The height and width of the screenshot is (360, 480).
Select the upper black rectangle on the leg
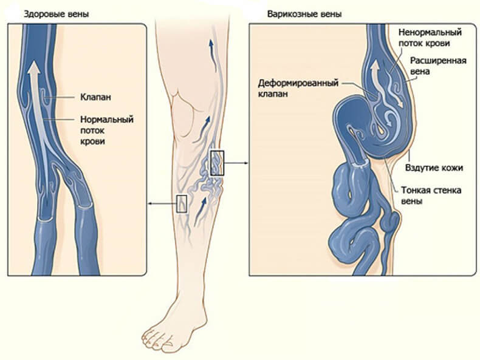(x=217, y=163)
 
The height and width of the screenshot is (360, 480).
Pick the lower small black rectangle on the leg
(x=181, y=203)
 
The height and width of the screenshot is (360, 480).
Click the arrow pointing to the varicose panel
(x=238, y=163)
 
